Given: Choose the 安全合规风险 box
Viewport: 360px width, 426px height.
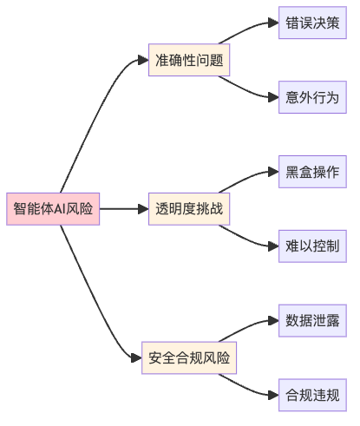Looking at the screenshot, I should point(190,357).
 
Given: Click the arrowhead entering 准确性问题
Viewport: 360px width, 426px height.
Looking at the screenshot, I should point(143,60).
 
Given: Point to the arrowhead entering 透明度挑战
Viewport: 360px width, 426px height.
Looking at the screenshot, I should point(143,209).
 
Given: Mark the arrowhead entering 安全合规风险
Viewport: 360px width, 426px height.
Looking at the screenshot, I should point(136,357).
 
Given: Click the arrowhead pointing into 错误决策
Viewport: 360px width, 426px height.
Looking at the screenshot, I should point(272,23).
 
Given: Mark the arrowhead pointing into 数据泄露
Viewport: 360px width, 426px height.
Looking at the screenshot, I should point(272,321).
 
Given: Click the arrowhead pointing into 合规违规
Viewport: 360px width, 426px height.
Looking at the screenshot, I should point(272,396).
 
